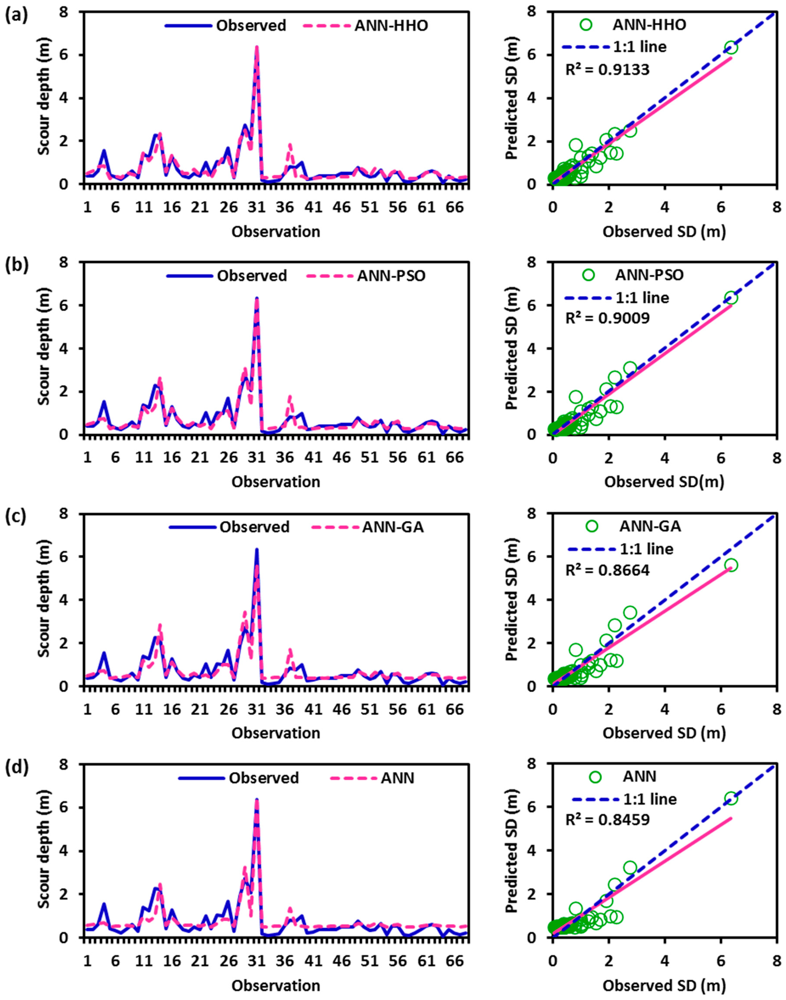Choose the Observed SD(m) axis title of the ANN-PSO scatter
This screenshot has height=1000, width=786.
(x=664, y=481)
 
